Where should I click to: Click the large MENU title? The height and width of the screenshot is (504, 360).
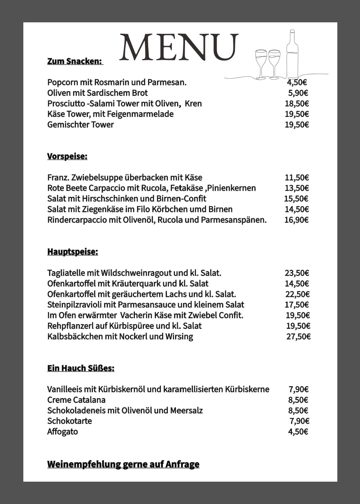tap(179, 47)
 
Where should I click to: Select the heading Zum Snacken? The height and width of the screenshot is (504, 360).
tap(74, 61)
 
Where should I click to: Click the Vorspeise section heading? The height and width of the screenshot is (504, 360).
tap(67, 156)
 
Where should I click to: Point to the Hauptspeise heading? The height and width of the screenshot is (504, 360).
tap(73, 252)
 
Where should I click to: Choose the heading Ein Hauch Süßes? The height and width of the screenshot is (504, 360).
tap(81, 368)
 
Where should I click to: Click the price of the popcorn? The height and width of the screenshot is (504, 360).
tap(297, 82)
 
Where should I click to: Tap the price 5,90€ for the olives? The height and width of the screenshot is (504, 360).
tap(298, 93)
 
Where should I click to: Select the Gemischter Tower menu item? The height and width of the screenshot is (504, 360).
tap(80, 125)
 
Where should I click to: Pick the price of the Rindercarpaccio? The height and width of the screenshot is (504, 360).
tap(296, 220)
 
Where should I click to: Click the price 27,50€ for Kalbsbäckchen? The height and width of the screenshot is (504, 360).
tap(298, 336)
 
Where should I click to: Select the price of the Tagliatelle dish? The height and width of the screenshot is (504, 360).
tap(297, 273)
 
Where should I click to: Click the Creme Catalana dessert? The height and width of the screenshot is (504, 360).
tap(76, 400)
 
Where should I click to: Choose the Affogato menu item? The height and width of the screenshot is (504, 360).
tap(63, 432)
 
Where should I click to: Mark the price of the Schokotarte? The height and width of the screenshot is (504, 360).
tap(299, 421)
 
